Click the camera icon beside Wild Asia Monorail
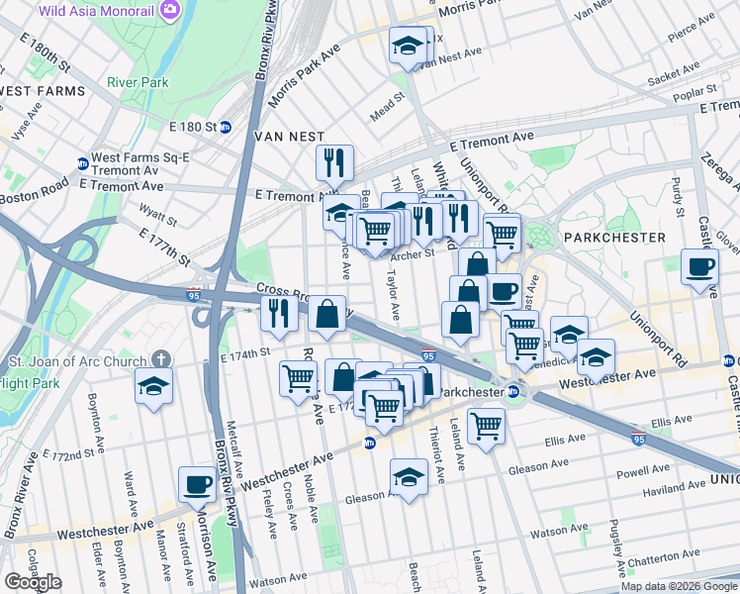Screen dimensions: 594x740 point(169,9)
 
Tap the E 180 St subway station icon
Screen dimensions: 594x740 point(225,127)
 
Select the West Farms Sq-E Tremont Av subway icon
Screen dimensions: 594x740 point(82,164)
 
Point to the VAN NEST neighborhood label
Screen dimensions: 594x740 point(289,136)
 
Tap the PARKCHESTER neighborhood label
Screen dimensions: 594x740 point(613,238)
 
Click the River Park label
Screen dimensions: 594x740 point(138,82)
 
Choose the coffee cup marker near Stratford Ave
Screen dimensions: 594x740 point(197,484)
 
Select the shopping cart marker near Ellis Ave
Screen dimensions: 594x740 point(486,426)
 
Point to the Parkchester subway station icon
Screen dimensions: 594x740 point(514,392)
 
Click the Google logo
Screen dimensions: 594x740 point(33,581)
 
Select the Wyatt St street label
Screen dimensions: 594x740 point(158,215)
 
